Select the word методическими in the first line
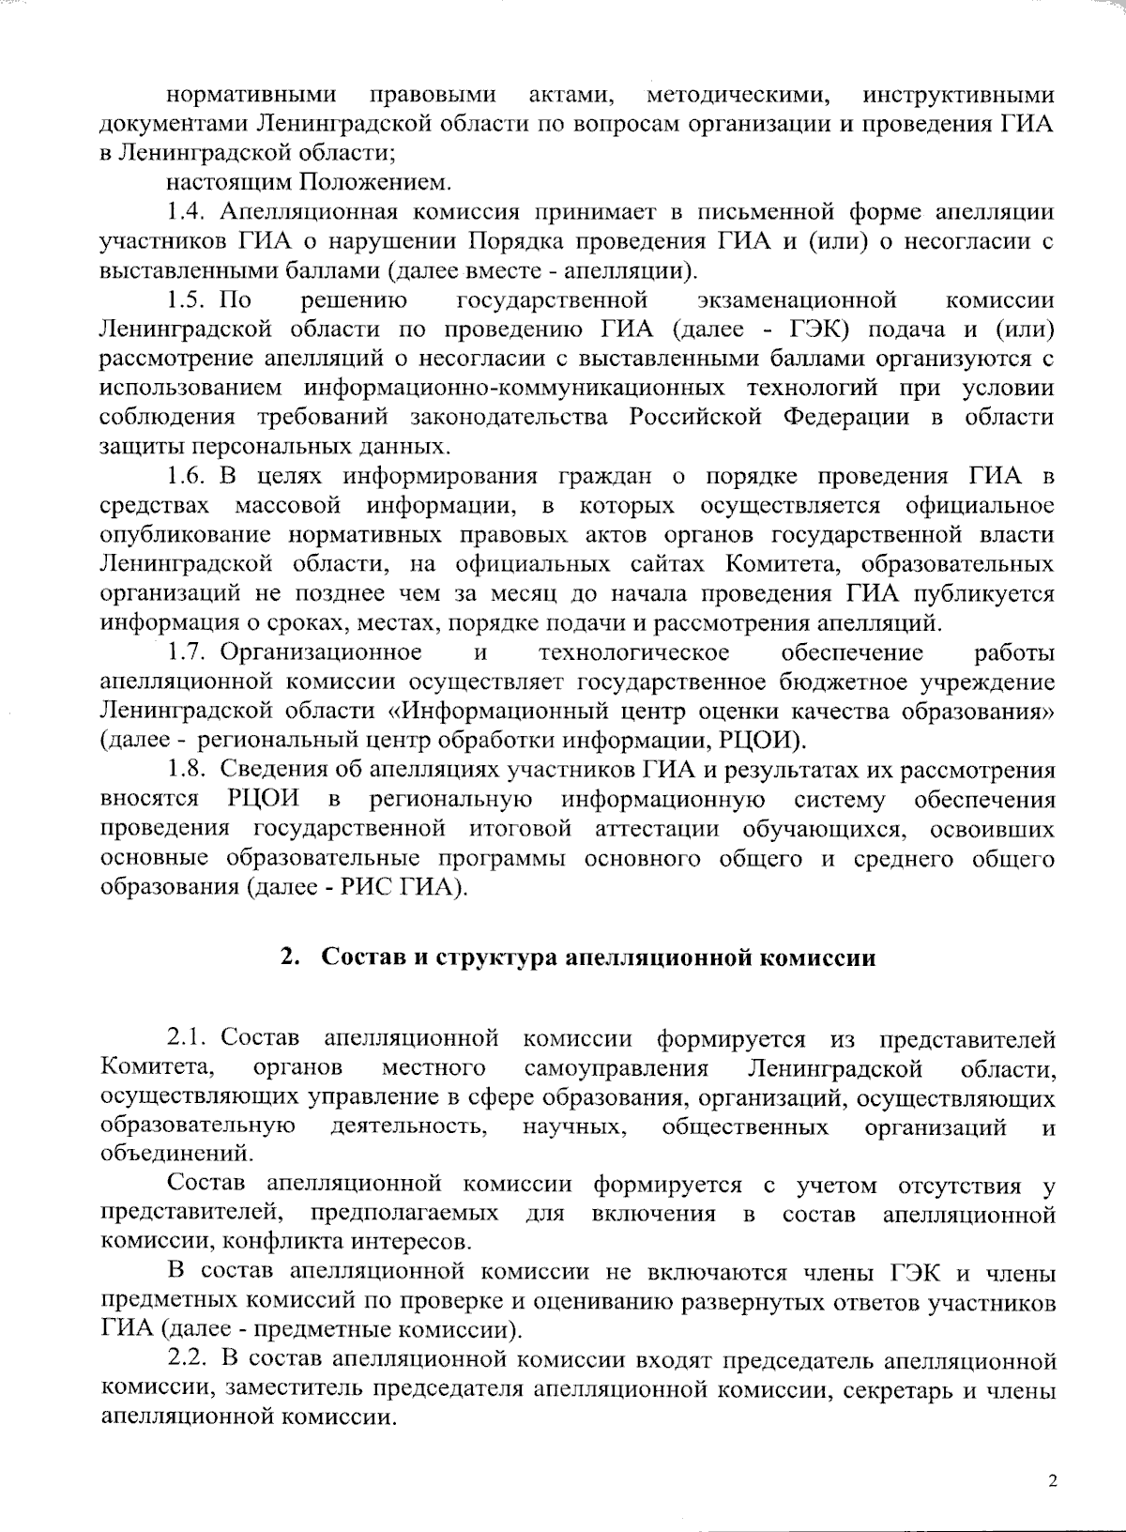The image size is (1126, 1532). point(738,95)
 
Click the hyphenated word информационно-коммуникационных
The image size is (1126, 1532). point(514,388)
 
